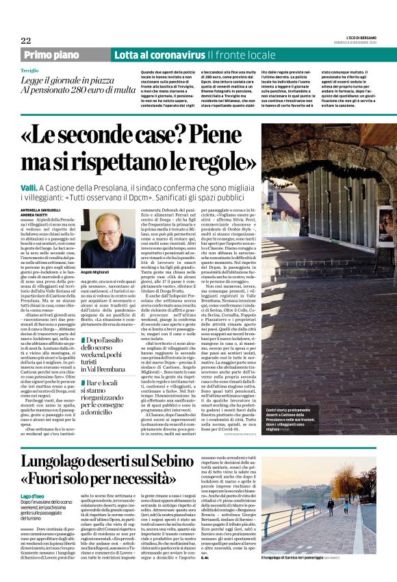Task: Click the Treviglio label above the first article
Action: [29, 71]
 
